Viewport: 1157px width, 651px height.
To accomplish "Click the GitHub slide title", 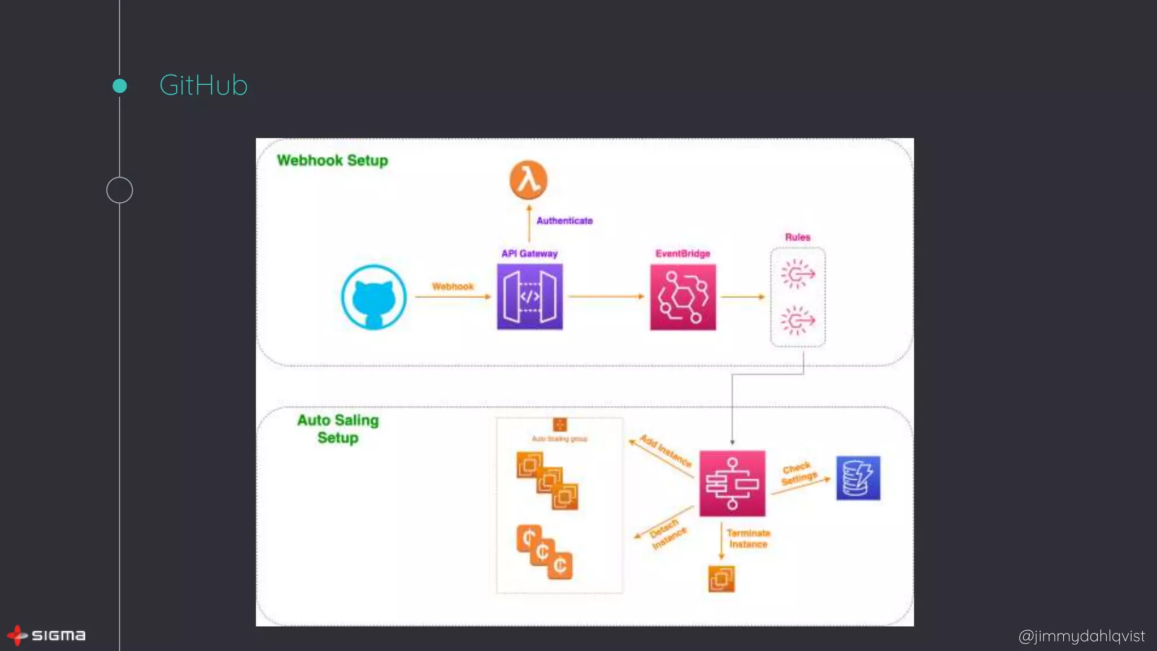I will tap(203, 85).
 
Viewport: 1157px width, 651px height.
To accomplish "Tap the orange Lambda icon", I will tap(528, 180).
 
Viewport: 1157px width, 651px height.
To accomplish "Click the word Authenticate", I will tap(564, 221).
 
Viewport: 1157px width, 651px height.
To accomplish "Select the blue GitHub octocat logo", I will tap(373, 297).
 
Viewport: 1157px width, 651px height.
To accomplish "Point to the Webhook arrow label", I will tap(453, 287).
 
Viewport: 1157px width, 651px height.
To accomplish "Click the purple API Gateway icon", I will tap(529, 297).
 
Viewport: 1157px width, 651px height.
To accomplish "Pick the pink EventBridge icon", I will tap(682, 297).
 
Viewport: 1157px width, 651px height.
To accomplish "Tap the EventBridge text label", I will tap(682, 254).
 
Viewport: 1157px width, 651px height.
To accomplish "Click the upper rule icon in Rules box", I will tap(798, 274).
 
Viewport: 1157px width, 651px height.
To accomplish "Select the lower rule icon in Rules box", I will tap(798, 320).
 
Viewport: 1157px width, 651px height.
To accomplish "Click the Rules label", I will tap(797, 237).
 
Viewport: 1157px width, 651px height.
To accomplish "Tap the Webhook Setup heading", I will tap(332, 160).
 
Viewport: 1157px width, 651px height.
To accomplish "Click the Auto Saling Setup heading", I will tap(338, 429).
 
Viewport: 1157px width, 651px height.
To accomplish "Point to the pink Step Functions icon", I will tap(732, 484).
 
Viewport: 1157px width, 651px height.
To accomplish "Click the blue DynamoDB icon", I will tap(858, 478).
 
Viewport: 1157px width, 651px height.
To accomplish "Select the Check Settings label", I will tap(799, 474).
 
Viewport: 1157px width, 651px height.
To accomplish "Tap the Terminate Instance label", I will tap(748, 539).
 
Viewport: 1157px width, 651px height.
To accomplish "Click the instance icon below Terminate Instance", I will tap(721, 579).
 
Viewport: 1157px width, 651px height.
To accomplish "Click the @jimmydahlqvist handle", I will tap(1081, 636).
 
